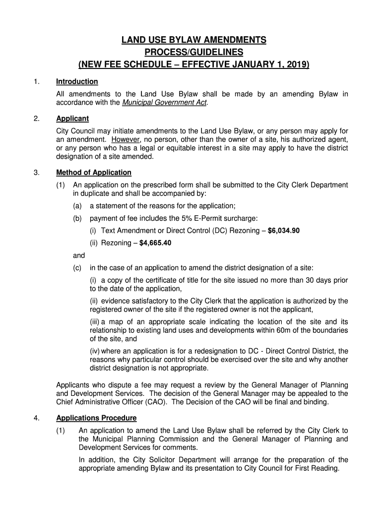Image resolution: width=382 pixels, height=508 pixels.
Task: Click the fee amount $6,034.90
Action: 283,231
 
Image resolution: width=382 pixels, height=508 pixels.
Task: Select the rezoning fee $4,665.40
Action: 155,243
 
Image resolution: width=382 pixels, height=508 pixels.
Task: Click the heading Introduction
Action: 77,81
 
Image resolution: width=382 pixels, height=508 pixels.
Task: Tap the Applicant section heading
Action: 72,119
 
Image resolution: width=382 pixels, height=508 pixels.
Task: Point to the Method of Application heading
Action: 94,173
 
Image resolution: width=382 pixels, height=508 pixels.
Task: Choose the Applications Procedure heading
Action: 96,418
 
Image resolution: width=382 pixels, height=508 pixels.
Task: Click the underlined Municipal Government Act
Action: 164,103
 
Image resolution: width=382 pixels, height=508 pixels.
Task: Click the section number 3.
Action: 36,173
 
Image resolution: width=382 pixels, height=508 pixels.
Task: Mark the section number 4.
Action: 36,418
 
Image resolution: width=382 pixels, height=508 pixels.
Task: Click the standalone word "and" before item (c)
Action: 79,255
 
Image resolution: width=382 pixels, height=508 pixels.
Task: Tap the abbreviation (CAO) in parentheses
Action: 172,402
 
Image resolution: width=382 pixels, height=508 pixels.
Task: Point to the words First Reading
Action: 318,468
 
